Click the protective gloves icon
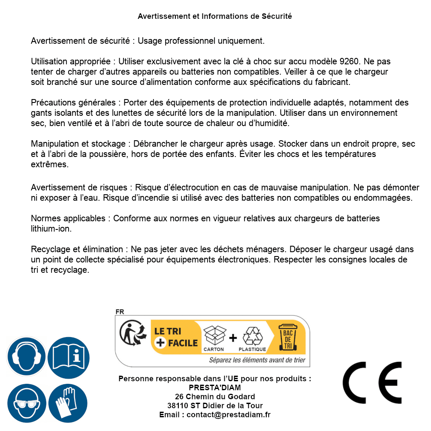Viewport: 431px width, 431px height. click(x=69, y=403)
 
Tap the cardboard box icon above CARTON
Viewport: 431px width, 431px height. click(x=214, y=336)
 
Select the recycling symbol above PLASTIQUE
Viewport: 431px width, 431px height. click(x=252, y=336)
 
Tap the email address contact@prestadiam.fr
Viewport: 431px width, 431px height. click(x=229, y=415)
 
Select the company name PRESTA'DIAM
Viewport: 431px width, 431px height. click(x=215, y=388)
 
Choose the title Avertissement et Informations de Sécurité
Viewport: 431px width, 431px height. click(x=215, y=16)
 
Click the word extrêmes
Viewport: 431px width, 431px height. click(x=50, y=164)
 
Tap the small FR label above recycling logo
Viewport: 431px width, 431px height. click(x=120, y=312)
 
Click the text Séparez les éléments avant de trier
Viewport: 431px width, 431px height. click(x=257, y=360)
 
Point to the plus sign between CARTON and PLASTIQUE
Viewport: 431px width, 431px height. click(x=233, y=338)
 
